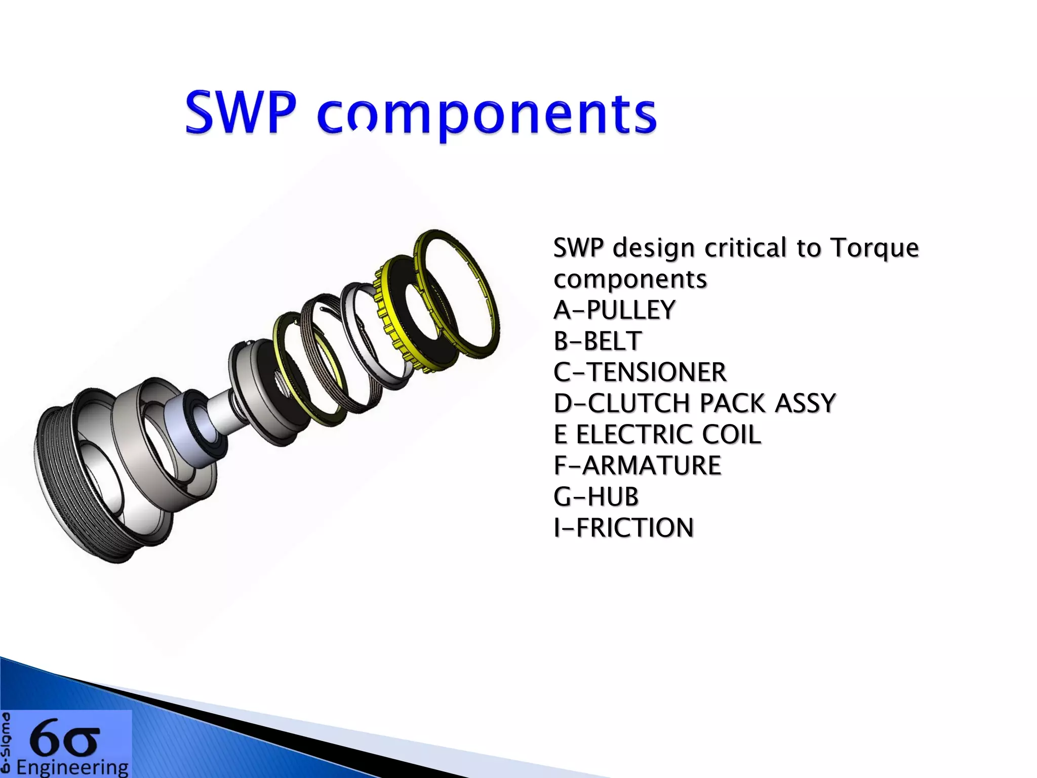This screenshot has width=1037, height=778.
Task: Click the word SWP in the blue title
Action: [241, 112]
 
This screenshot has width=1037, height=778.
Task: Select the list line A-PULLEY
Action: [614, 310]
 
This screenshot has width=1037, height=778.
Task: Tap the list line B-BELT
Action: [597, 341]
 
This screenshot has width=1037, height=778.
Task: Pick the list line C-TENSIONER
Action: [640, 372]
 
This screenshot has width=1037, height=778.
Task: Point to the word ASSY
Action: [805, 404]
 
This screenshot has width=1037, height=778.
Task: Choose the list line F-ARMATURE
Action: [637, 465]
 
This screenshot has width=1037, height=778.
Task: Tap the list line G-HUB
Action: [595, 497]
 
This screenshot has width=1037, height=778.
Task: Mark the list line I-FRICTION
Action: [623, 528]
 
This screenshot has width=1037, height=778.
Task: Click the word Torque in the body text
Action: [874, 248]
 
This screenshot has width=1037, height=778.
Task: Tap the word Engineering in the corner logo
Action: [72, 768]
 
